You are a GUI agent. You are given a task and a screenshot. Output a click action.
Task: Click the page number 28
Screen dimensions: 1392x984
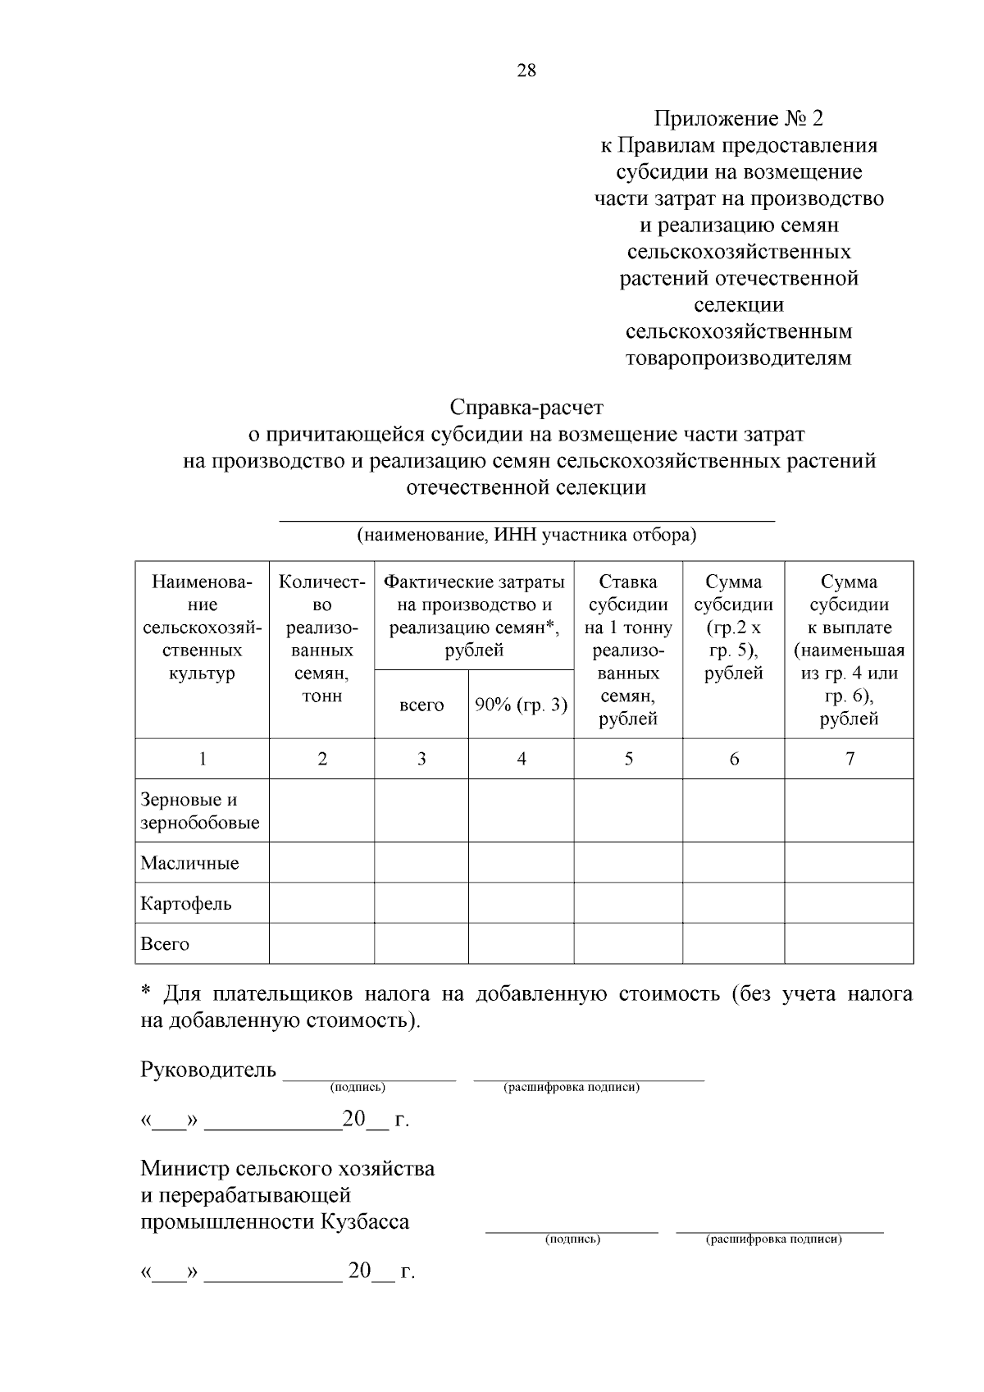526,71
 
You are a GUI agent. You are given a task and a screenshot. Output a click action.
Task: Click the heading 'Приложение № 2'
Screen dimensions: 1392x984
738,119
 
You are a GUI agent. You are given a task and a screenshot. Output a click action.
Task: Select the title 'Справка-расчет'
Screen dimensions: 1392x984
526,407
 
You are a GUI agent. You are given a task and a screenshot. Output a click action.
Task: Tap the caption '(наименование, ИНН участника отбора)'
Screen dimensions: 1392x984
526,536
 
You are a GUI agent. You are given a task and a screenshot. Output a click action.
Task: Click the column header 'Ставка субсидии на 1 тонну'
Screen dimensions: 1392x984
627,628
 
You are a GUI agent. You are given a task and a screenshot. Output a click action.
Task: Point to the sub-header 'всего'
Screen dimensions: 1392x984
421,705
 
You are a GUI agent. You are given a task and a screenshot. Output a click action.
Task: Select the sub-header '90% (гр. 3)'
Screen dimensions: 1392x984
521,705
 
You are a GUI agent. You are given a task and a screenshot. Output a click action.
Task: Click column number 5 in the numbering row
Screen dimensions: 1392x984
628,759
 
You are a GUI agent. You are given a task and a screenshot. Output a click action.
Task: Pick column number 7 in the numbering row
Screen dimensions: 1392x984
850,759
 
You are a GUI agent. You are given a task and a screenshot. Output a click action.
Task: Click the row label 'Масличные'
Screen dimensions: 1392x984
189,863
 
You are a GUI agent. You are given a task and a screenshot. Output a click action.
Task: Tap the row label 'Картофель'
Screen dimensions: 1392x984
186,904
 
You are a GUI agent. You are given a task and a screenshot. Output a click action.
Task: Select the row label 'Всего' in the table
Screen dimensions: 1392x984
165,944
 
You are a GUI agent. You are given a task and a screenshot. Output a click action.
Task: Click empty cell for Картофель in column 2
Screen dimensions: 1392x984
321,903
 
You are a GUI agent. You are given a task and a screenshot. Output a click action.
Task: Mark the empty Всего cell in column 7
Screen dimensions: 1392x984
849,943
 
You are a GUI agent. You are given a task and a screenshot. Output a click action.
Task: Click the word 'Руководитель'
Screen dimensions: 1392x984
208,1070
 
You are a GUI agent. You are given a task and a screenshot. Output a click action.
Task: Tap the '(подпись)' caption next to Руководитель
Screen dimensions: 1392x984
358,1088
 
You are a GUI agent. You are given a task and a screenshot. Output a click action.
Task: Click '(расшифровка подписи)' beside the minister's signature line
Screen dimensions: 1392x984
773,1239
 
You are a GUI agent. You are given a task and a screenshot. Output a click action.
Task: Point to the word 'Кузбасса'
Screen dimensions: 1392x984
366,1222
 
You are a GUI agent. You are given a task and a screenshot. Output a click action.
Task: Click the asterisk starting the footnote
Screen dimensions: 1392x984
147,993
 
